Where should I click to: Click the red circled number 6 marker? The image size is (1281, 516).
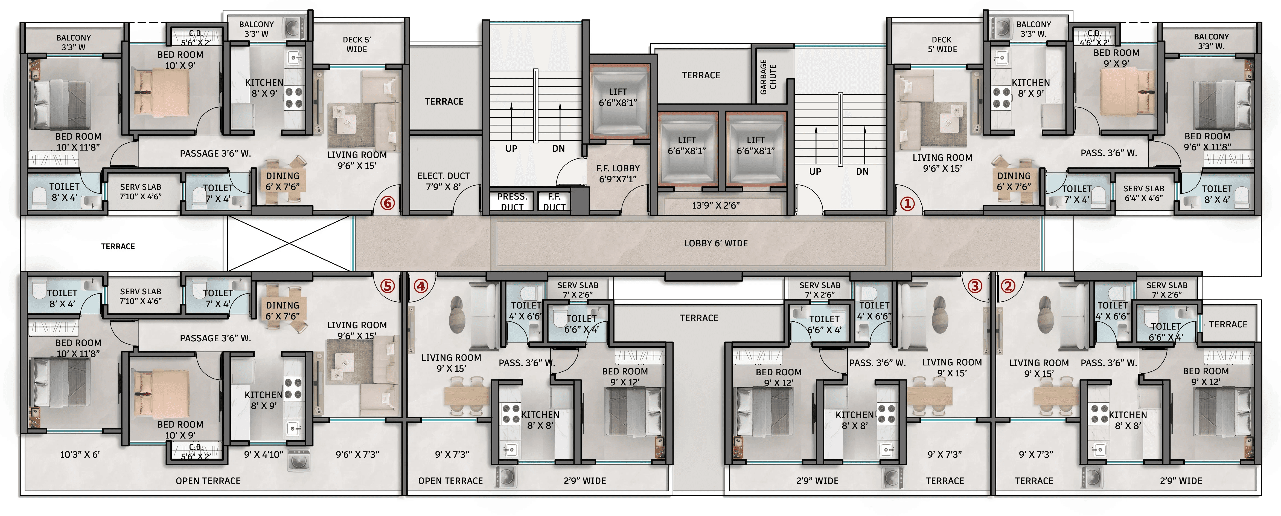pos(387,203)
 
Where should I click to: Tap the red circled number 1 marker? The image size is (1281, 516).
pos(907,203)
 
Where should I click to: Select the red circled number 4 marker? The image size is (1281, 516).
pos(421,286)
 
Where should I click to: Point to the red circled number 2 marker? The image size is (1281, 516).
pos(1008,286)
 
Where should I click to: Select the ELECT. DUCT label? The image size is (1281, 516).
pos(444,176)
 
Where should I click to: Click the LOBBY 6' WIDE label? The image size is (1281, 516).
pos(716,243)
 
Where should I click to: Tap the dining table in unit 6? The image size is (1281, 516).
pos(283,181)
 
